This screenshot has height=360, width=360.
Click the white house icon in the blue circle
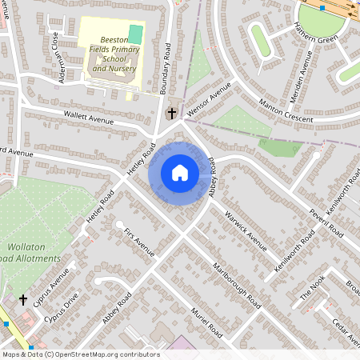pos(180,173)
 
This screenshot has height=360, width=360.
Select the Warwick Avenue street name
pos(245,229)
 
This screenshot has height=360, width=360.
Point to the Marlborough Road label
pos(237,285)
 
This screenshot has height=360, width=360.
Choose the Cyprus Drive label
pos(62,306)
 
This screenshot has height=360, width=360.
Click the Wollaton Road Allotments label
pos(32,252)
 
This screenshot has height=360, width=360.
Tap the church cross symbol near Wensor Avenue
pos(170,114)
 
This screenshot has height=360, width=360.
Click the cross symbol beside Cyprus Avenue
pos(23,300)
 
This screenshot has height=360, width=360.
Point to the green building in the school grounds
pos(135,34)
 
